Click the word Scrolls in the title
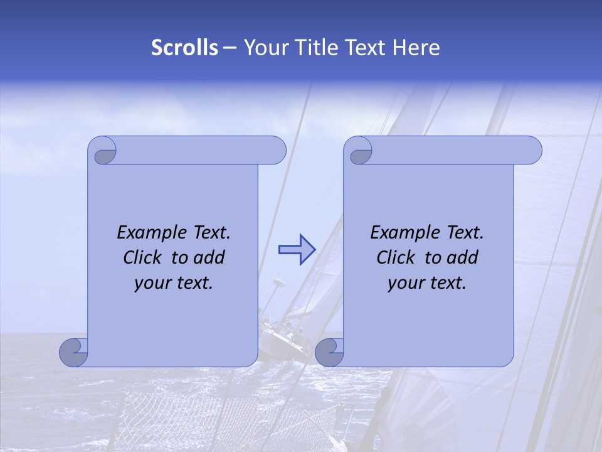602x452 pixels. pyautogui.click(x=185, y=48)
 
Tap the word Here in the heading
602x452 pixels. pyautogui.click(x=416, y=48)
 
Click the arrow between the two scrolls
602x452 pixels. pyautogui.click(x=297, y=250)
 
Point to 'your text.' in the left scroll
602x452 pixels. pyautogui.click(x=174, y=282)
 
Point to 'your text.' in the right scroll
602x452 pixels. pyautogui.click(x=427, y=282)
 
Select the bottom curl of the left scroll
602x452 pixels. pyautogui.click(x=74, y=353)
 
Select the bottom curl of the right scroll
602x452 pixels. pyautogui.click(x=329, y=353)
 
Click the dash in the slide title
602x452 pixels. pyautogui.click(x=230, y=48)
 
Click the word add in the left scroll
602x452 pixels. pyautogui.click(x=210, y=257)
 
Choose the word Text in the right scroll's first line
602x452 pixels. pyautogui.click(x=465, y=233)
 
